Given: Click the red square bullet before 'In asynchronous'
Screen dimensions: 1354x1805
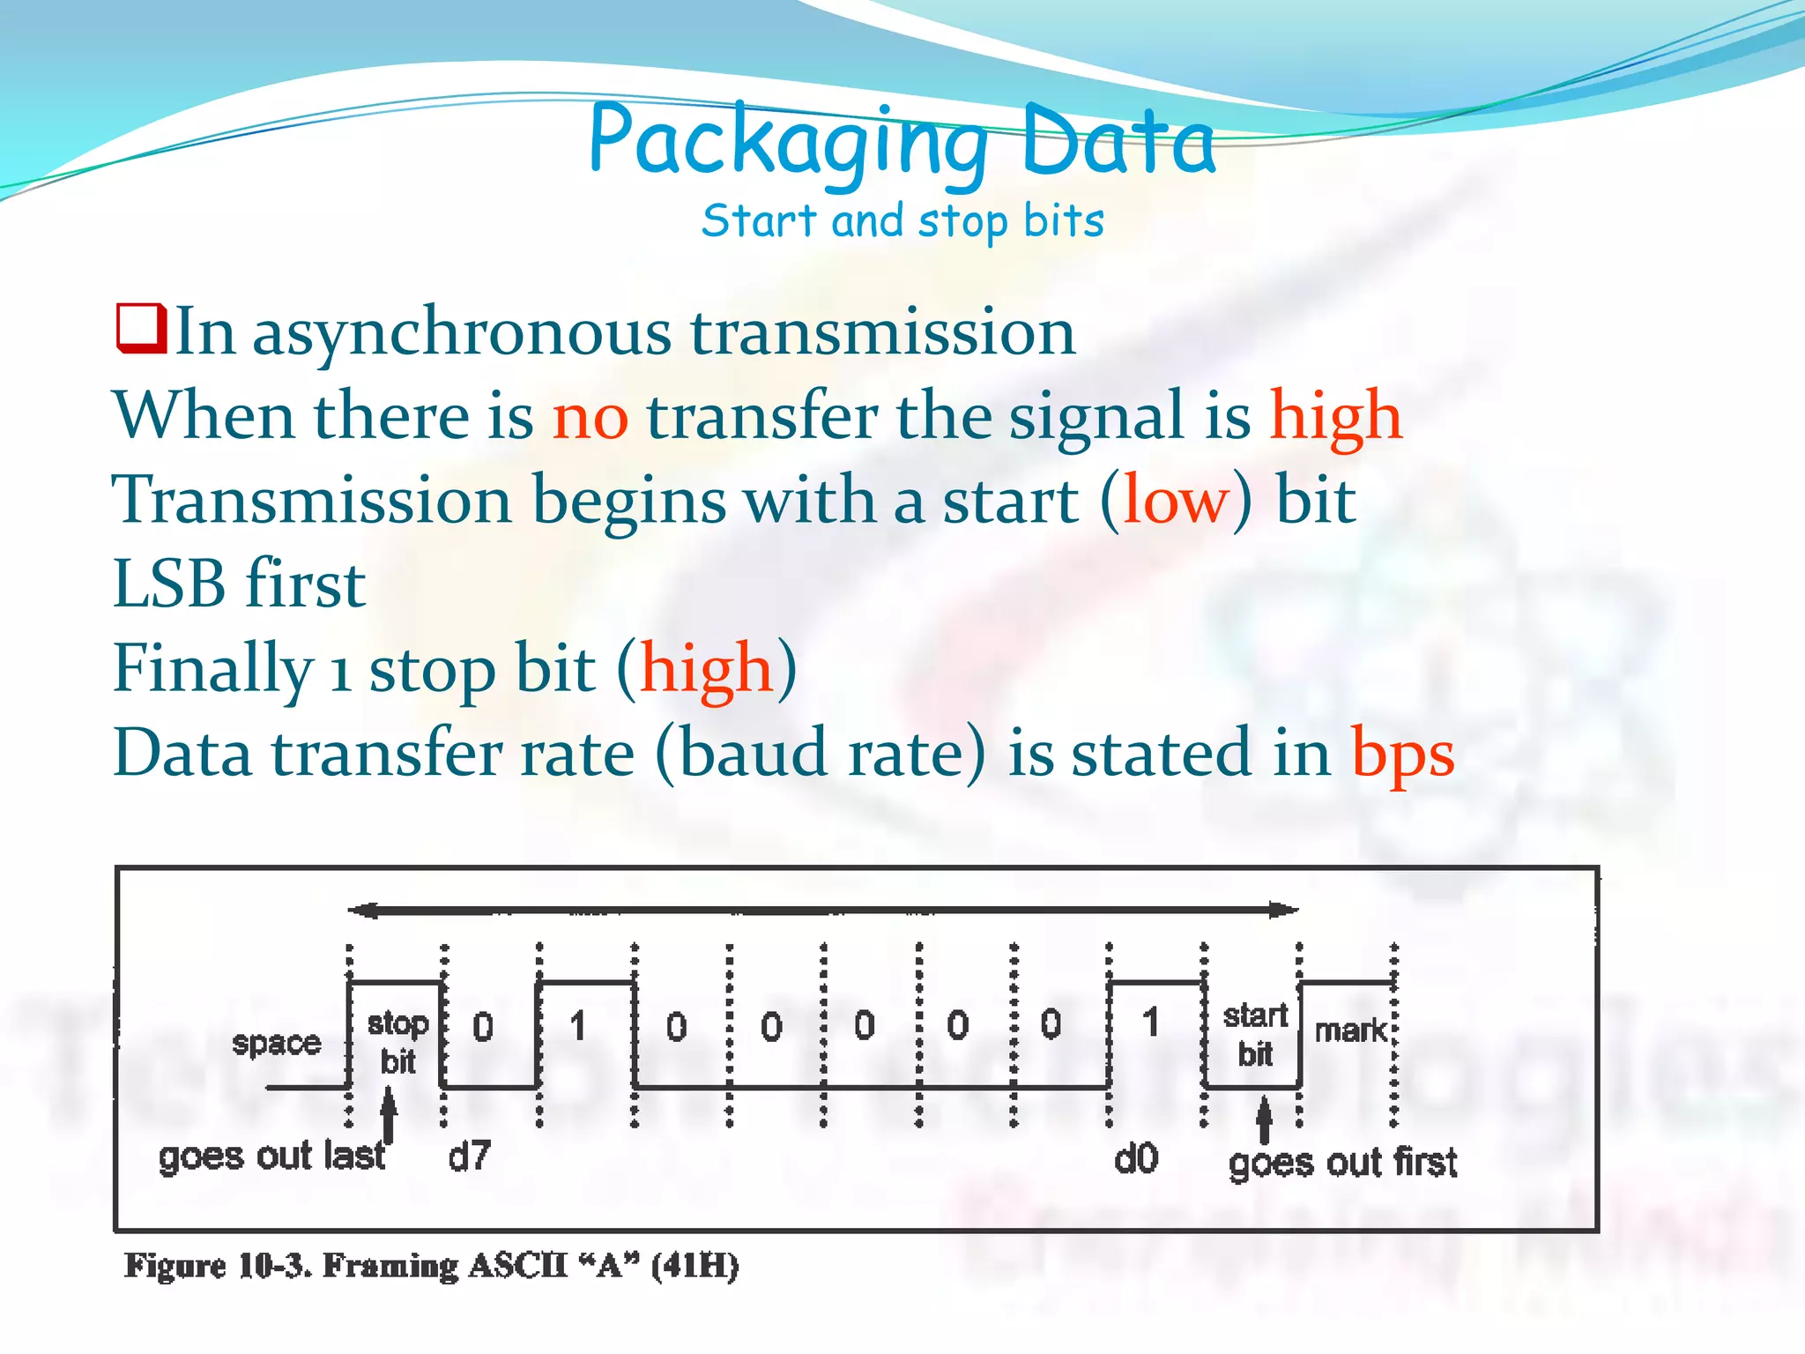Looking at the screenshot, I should (141, 330).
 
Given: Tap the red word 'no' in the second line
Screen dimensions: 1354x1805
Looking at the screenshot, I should (590, 416).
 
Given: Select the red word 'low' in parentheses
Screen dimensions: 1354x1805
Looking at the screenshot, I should (1175, 501).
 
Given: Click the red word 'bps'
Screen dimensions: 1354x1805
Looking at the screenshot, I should (1402, 755).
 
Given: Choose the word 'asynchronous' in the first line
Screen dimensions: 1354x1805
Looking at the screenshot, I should (461, 333).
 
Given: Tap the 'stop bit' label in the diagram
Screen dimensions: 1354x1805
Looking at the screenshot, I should (397, 1042).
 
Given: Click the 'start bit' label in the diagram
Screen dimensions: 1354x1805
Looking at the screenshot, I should (1255, 1034).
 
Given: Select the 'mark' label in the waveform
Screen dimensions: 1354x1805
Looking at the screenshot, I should (1350, 1030).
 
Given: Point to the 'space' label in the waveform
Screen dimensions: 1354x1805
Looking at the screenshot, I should (276, 1044).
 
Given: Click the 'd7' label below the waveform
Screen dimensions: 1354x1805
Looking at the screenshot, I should (469, 1157).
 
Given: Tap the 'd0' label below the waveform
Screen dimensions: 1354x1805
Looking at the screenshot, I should (1135, 1158).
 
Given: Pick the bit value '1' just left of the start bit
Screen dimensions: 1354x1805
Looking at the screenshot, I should (1150, 1023).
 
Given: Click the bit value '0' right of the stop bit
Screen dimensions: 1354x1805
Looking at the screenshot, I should (483, 1027).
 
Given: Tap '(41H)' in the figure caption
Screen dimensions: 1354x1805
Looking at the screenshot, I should (695, 1266).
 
